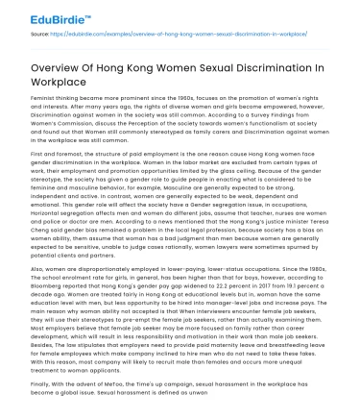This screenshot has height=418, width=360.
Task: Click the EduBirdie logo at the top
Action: (x=44, y=14)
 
